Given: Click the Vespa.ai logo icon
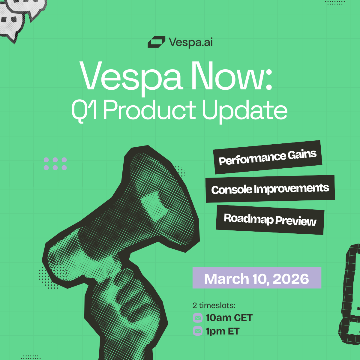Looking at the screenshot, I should pos(156,42).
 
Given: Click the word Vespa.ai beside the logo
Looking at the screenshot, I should pos(191,42).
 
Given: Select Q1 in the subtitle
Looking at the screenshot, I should pos(84,110).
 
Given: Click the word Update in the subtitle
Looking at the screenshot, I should pos(244,110).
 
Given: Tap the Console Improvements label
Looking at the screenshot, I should pos(270,189).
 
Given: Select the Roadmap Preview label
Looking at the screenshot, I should pos(270,220).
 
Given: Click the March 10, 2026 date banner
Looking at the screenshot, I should pos(257,278).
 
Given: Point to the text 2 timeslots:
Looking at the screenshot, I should pos(214,305).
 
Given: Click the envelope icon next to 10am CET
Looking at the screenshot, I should pos(197,318).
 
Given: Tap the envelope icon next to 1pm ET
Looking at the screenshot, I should pos(197,331).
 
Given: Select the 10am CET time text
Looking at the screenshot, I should pos(229,318).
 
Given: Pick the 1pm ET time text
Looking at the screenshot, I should pos(223,331).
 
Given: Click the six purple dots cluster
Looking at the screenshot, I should pos(55,164).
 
